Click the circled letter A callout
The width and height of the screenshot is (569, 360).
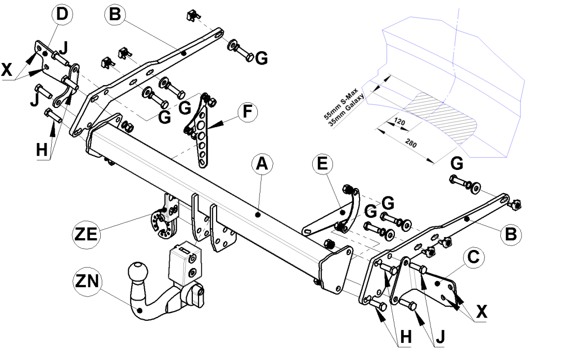click(x=262, y=164)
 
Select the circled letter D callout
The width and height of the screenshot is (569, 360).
click(x=63, y=14)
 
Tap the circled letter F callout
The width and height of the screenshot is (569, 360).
click(x=248, y=112)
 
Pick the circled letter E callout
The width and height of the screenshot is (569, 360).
click(x=322, y=164)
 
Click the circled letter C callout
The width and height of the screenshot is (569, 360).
click(x=473, y=257)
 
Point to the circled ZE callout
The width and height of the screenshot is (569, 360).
click(x=86, y=234)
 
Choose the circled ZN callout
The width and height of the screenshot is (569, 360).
click(x=87, y=281)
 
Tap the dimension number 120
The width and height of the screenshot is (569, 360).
click(x=399, y=121)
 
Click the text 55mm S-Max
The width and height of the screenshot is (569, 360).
click(x=341, y=104)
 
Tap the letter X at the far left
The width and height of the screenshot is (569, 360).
click(x=7, y=70)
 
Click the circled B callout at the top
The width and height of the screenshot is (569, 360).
click(x=115, y=14)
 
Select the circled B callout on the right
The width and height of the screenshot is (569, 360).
click(x=511, y=234)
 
